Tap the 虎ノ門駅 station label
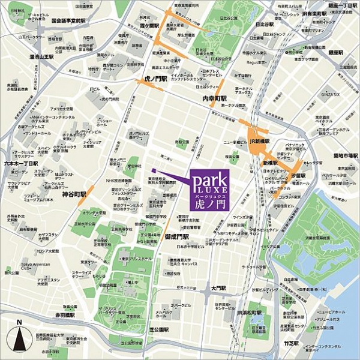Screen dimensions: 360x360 click(155, 79)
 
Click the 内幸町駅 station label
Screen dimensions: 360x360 click(214, 98)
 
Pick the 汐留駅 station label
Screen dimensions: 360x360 click(298, 176)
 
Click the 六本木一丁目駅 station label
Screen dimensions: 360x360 click(21, 163)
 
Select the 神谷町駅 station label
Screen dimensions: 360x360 click(74, 194)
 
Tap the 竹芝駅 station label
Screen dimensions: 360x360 click(291, 343)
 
